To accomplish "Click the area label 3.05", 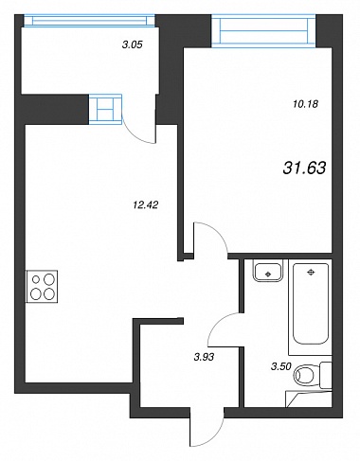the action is [x=133, y=44].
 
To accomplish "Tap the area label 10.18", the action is [x=305, y=104].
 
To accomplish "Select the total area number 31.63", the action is [x=304, y=168].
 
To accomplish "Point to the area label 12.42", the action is [x=146, y=205].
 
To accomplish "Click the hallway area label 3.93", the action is [x=204, y=357].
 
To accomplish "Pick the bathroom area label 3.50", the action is [x=281, y=366].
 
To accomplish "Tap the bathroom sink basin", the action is [x=268, y=271].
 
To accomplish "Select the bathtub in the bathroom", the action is [x=311, y=303].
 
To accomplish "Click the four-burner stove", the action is [x=42, y=287].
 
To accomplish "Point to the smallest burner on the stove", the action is [x=36, y=279].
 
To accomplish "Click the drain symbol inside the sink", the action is [x=268, y=274].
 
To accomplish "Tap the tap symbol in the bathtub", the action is [x=311, y=272].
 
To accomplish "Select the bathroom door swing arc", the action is [x=217, y=322].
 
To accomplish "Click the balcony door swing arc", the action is [x=132, y=135].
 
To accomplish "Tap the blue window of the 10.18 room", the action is [x=263, y=31].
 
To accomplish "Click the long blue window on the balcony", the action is [x=89, y=20].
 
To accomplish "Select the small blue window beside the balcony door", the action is [x=105, y=109].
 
